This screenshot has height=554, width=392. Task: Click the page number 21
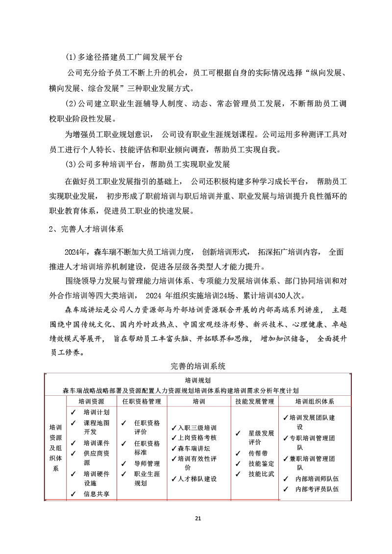[198, 518]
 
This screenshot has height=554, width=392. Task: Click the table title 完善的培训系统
[198, 365]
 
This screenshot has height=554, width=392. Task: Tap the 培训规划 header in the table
[198, 380]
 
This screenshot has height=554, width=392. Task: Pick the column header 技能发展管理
[254, 401]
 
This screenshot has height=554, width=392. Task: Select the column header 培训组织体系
[315, 401]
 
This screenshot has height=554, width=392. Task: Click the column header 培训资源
[91, 401]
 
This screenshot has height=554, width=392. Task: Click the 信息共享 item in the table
[97, 494]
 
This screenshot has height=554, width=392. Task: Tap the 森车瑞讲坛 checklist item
[196, 448]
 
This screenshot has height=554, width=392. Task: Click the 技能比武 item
[261, 474]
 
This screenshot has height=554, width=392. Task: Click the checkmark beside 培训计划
[73, 412]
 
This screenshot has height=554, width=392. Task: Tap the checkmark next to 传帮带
[238, 453]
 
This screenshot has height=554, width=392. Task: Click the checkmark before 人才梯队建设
[174, 479]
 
